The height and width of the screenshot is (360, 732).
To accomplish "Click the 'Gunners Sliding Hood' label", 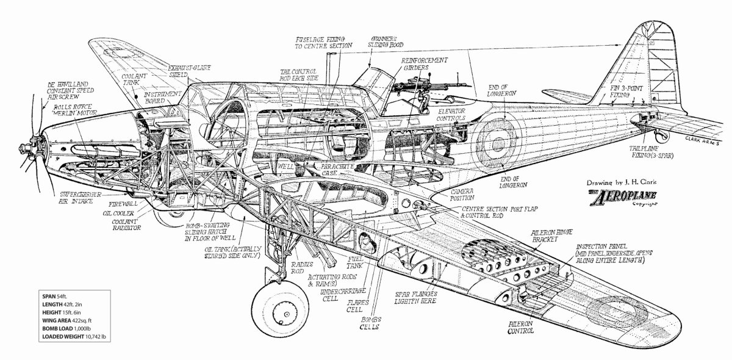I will coord(383,43).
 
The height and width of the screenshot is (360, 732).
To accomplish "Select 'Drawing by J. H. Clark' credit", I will coord(623,181).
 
